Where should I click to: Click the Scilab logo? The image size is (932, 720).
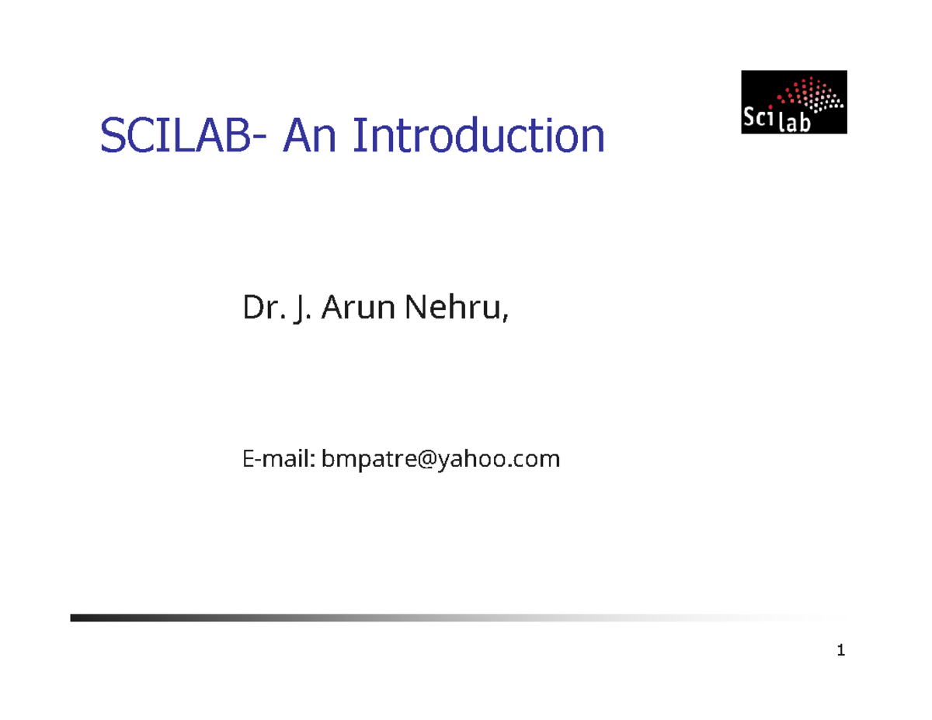coord(793,102)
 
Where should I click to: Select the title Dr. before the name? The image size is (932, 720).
coord(259,309)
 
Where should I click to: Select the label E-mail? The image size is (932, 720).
coord(277,460)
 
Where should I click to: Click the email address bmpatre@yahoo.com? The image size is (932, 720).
coord(440,460)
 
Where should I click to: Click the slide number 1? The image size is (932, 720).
coord(840,650)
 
